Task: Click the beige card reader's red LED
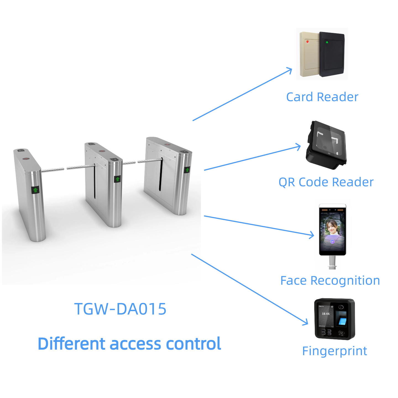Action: pos(307,42)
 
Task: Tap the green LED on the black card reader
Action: pos(327,42)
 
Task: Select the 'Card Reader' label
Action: pos(322,97)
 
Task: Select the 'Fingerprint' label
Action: pos(334,351)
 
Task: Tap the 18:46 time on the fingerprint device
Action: pos(326,314)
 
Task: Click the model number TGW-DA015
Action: pos(120,309)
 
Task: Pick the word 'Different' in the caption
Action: pos(72,344)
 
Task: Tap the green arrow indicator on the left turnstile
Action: pos(35,190)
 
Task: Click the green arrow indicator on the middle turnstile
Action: pos(118,179)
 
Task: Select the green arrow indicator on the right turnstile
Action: pos(187,170)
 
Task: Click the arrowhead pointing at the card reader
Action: pos(290,70)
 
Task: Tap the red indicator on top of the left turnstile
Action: pos(26,159)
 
